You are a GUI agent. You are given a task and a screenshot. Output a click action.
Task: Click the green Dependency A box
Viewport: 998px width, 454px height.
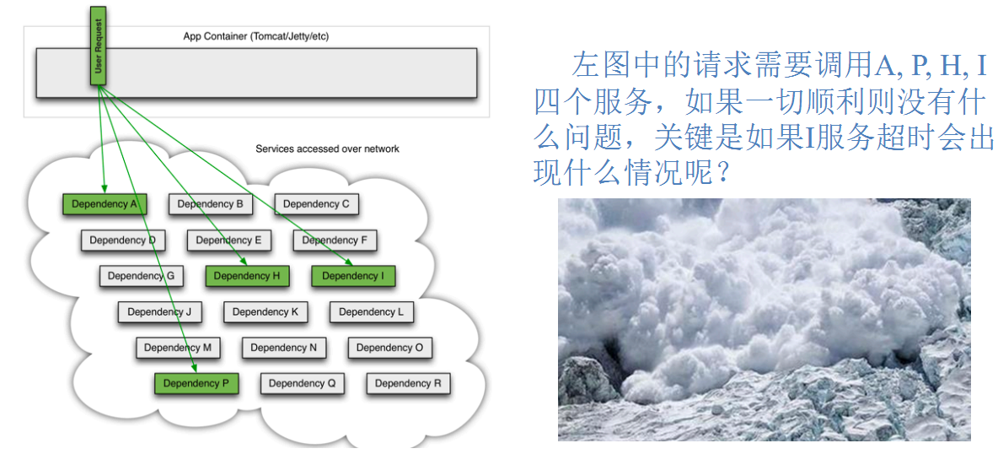coord(105,204)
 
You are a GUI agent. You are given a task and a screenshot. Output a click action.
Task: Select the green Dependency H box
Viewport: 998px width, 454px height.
coord(247,276)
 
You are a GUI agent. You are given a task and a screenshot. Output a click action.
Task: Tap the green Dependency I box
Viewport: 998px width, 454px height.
coord(353,276)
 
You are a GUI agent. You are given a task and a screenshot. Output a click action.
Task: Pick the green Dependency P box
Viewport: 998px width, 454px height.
coord(196,383)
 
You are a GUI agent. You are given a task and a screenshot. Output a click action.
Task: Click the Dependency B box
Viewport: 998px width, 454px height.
coord(211,204)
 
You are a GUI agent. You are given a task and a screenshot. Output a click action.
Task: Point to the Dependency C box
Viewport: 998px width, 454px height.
coord(316,204)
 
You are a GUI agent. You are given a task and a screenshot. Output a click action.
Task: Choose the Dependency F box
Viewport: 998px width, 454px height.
coord(335,241)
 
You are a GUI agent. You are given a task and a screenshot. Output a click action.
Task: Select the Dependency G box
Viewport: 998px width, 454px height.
coord(141,276)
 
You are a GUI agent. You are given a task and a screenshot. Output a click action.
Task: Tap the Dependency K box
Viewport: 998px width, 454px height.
coord(266,312)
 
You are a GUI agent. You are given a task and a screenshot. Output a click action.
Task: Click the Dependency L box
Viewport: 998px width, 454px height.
coord(371,312)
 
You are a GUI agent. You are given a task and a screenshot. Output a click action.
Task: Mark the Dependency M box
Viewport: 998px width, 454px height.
coord(178,348)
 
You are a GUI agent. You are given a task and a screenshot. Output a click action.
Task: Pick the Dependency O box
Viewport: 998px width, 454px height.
coord(389,348)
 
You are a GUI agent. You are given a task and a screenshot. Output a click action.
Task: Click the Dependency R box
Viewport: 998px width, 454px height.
coord(408,383)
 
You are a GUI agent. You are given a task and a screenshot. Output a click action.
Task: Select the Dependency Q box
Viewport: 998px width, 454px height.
coord(302,383)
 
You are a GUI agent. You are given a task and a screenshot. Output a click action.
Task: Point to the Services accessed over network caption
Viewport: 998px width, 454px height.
coord(327,149)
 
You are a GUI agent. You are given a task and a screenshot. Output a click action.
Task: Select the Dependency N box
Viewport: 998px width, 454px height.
coord(284,348)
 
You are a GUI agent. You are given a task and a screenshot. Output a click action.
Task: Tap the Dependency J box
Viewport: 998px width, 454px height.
coord(159,312)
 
